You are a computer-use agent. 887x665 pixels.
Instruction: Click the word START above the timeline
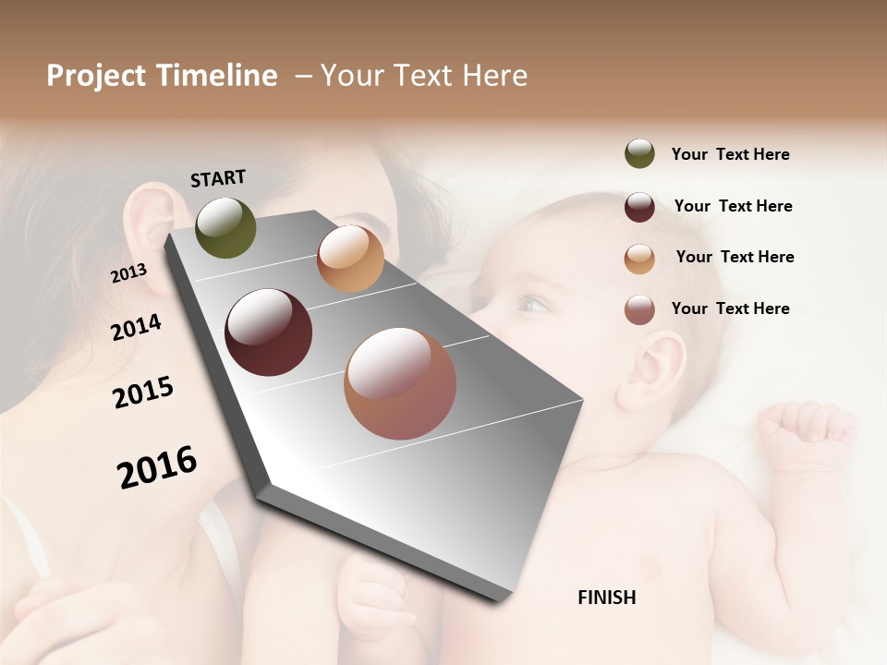(218, 178)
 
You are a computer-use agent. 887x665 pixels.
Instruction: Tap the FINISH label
(606, 598)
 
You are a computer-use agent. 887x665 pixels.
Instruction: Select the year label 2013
(129, 273)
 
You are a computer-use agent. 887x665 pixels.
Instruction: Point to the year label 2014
(137, 327)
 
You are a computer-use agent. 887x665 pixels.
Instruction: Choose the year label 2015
(143, 393)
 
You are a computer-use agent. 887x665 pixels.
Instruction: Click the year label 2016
(157, 466)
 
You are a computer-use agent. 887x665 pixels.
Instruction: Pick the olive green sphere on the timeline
(225, 228)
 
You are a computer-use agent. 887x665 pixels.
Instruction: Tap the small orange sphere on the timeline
(350, 259)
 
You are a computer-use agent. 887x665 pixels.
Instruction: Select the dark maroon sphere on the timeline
(269, 332)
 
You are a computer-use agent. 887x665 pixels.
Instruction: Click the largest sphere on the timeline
(400, 383)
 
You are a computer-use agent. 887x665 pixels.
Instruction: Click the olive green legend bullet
(639, 154)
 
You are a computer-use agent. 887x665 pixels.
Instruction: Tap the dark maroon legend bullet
(639, 207)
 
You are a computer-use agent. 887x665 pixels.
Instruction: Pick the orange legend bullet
(639, 259)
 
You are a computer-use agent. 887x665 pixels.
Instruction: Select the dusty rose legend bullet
(639, 310)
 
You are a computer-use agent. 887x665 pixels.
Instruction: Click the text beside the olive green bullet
(730, 154)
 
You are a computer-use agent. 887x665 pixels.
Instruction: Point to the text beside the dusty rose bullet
(730, 308)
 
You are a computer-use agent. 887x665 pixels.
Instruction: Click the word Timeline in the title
(216, 76)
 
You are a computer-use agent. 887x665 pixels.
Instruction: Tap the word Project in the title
(96, 77)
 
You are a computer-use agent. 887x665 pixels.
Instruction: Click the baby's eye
(531, 304)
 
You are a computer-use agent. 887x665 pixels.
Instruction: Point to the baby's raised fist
(804, 434)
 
